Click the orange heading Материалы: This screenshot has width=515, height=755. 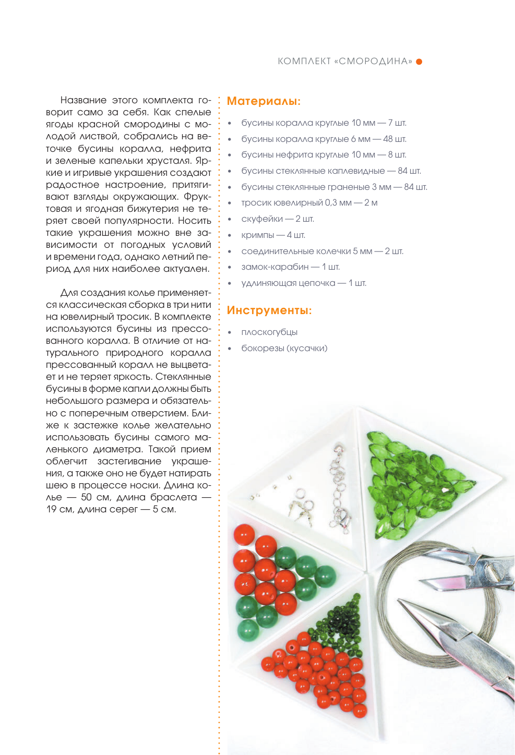(x=264, y=101)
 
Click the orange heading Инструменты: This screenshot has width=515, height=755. (x=269, y=310)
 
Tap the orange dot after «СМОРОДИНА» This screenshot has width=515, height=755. (x=419, y=62)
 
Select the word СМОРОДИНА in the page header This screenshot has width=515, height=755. (x=373, y=62)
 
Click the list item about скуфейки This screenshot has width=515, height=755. (x=277, y=219)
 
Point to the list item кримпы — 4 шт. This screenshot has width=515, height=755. (x=273, y=235)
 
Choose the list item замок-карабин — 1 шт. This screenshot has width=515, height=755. (x=290, y=267)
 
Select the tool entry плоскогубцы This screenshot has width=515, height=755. (x=269, y=332)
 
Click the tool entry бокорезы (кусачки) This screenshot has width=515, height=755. (x=284, y=349)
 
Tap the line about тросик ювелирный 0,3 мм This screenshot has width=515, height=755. (x=309, y=203)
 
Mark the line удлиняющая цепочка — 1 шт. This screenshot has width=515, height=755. (x=304, y=283)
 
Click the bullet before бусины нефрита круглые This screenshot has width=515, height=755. (x=230, y=155)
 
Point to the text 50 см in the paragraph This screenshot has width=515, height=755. (x=93, y=497)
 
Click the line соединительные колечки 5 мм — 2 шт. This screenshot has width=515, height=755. (x=322, y=251)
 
